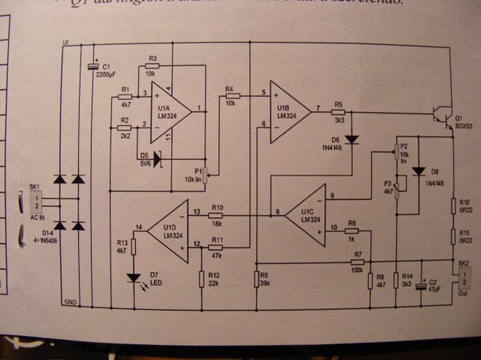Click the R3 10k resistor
pyautogui.click(x=152, y=66)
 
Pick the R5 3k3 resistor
pyautogui.click(x=338, y=112)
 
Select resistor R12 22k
pyautogui.click(x=202, y=278)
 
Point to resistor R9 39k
pyautogui.click(x=257, y=279)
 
